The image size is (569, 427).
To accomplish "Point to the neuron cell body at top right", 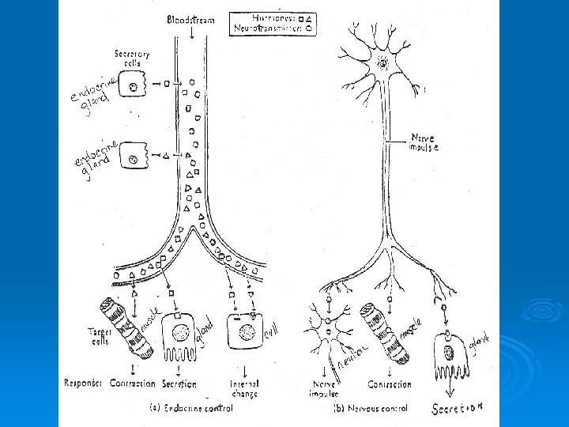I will [384, 62].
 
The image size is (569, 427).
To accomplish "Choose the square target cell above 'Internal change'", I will [246, 331].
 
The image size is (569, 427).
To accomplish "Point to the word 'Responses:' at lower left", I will [84, 384].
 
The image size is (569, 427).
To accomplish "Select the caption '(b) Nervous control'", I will [371, 409].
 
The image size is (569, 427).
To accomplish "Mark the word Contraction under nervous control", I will [389, 384].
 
